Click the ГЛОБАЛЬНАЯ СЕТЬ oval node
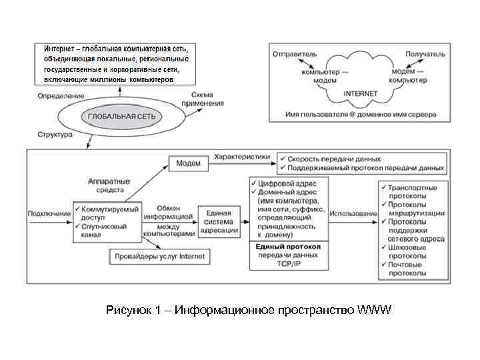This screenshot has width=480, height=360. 121,117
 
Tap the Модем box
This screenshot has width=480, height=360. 189,162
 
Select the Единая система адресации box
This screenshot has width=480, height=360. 219,221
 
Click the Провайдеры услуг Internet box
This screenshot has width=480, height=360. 159,256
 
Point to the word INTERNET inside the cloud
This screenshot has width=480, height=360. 360,93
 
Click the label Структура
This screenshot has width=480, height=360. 55,135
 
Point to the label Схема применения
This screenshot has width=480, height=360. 207,99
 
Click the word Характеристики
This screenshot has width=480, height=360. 242,157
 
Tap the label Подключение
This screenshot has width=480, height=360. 48,213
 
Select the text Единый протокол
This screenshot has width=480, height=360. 288,246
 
